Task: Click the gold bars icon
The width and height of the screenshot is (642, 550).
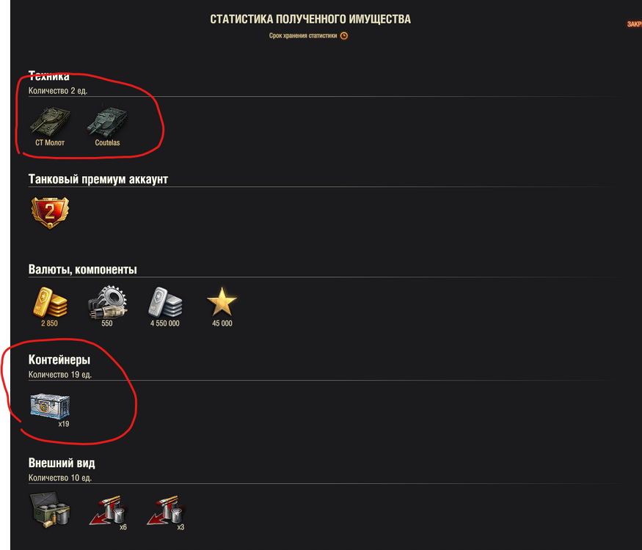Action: [50, 301]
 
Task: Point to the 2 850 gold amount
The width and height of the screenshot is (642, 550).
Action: [50, 323]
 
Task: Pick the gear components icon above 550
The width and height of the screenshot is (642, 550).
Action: [107, 301]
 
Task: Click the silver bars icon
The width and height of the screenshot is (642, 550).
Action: [164, 301]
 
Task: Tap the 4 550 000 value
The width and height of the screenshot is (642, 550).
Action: [164, 323]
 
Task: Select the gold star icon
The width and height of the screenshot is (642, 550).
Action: [222, 301]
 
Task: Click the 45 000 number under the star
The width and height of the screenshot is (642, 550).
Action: [222, 323]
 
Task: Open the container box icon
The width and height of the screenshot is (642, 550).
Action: [49, 406]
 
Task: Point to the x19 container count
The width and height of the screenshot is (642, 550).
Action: [64, 424]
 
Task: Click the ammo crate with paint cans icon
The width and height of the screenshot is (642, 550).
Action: [50, 510]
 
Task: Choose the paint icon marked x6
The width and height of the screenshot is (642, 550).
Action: [108, 510]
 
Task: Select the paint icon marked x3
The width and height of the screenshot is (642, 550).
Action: [165, 510]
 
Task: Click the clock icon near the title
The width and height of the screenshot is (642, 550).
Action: [344, 35]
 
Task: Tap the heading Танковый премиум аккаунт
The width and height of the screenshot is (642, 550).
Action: [98, 179]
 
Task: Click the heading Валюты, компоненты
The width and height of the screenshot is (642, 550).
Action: [83, 269]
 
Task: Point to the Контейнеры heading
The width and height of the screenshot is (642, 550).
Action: [59, 360]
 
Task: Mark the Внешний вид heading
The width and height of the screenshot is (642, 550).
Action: [62, 463]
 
